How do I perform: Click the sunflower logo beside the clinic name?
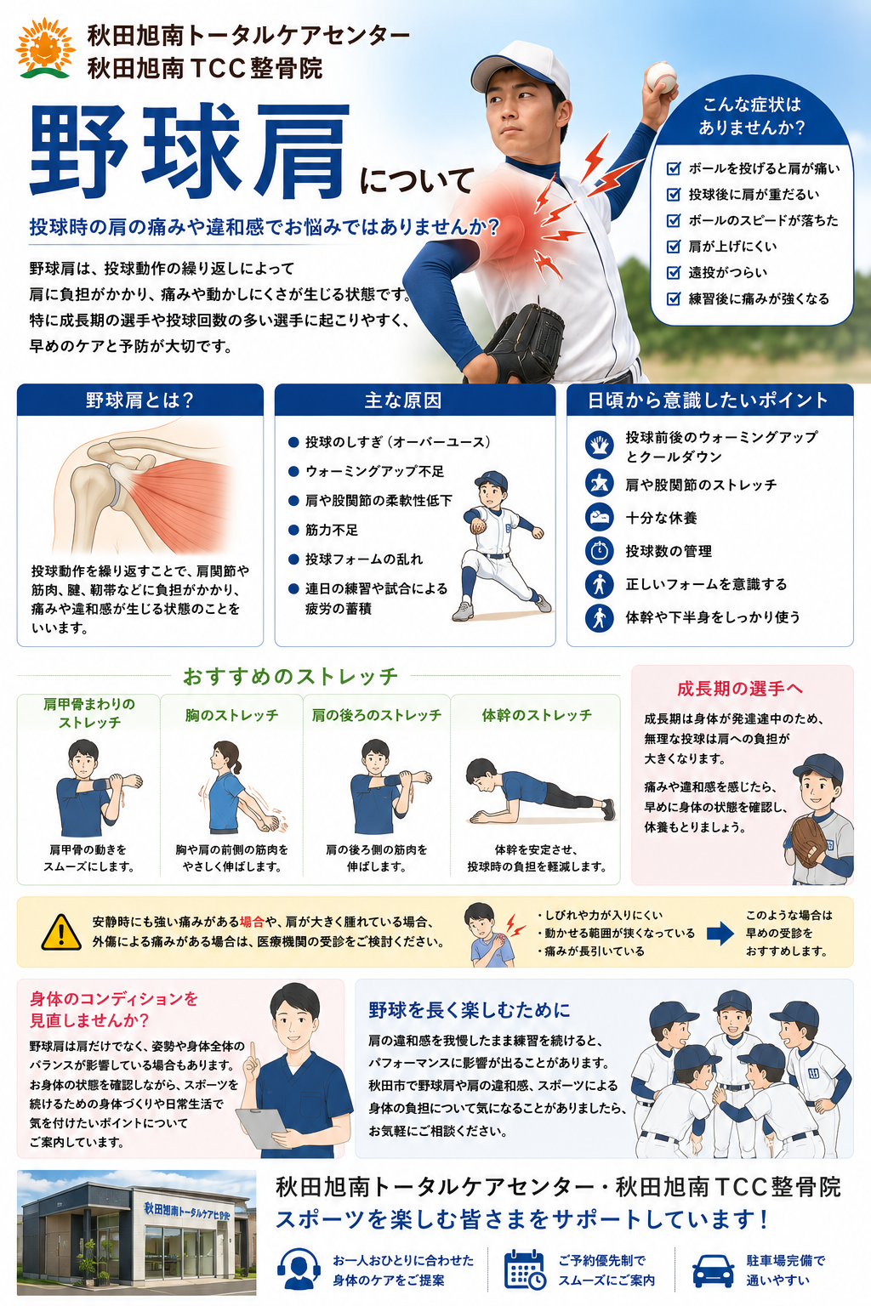click(45, 49)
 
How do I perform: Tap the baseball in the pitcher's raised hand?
click(661, 77)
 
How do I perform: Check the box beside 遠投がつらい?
click(673, 273)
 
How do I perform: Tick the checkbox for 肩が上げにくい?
click(673, 247)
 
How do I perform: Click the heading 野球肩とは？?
click(140, 400)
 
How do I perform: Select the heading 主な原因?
click(403, 400)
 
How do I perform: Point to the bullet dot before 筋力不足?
click(293, 530)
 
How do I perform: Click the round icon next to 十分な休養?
click(599, 517)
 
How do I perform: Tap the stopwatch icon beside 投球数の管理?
click(599, 550)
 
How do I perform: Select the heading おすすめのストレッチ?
click(291, 676)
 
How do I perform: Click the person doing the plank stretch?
click(539, 791)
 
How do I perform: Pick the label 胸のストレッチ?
click(231, 715)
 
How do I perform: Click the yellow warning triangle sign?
click(61, 932)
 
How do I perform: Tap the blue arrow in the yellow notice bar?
click(720, 934)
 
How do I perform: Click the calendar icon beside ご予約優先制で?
click(525, 1269)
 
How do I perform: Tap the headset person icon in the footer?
click(299, 1269)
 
